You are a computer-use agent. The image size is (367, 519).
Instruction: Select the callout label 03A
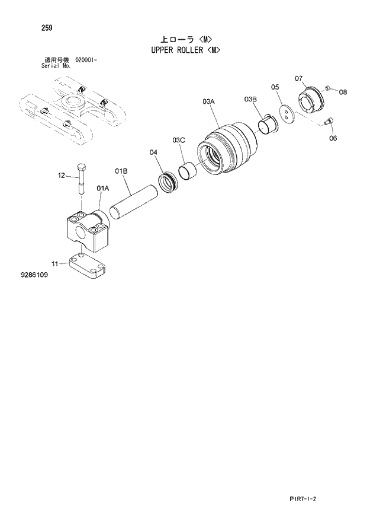point(208,102)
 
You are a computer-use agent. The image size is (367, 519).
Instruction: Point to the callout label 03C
point(179,140)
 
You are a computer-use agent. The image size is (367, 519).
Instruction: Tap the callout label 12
point(61,175)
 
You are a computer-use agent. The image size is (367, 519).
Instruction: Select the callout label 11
point(55,263)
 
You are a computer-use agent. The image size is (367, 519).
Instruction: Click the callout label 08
point(343,92)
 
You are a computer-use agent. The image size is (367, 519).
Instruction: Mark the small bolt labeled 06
point(329,122)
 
